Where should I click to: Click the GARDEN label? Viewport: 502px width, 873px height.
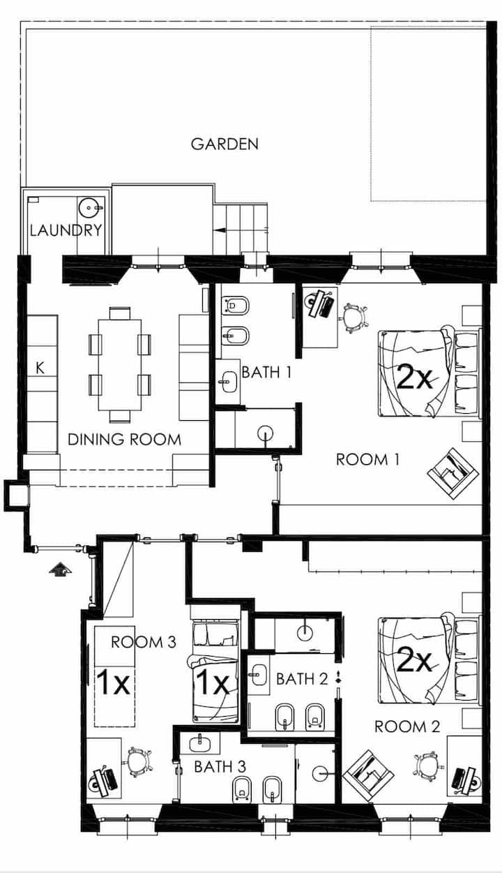[225, 144]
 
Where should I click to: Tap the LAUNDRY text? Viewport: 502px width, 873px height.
[66, 230]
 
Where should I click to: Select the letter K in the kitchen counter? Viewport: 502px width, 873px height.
[40, 368]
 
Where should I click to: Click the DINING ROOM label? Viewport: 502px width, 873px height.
[124, 439]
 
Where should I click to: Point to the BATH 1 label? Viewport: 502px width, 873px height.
[266, 372]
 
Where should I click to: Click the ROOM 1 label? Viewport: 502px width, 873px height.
[367, 459]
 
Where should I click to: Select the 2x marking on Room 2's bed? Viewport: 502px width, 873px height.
[414, 659]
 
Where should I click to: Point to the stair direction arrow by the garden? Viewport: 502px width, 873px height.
[220, 230]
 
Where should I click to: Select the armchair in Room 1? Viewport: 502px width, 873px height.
[453, 472]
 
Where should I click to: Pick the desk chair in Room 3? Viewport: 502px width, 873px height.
[138, 761]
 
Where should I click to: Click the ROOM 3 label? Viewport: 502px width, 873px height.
[144, 642]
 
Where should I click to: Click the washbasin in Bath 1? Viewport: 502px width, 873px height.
[228, 381]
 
